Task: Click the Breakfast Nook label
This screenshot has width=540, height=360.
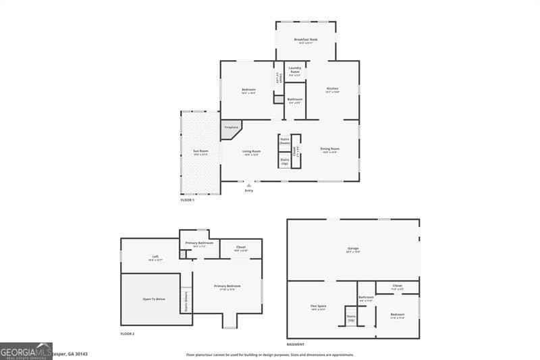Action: (306, 40)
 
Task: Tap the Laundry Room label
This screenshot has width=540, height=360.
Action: (295, 68)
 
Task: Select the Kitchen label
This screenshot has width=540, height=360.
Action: (332, 88)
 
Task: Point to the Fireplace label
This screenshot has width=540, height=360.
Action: (231, 127)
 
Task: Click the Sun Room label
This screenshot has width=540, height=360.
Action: (200, 151)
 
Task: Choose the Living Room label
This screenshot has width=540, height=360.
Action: (252, 151)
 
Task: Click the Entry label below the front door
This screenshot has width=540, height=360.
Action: (249, 190)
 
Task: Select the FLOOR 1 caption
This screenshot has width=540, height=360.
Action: (187, 201)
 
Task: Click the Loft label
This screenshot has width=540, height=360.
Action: (155, 257)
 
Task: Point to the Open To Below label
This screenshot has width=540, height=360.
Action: (154, 299)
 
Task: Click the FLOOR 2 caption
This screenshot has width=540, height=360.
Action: (128, 334)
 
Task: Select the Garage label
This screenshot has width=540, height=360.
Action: (353, 249)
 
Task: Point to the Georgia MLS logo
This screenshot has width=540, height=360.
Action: (26, 351)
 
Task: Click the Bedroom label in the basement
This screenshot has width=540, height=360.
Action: (398, 314)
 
